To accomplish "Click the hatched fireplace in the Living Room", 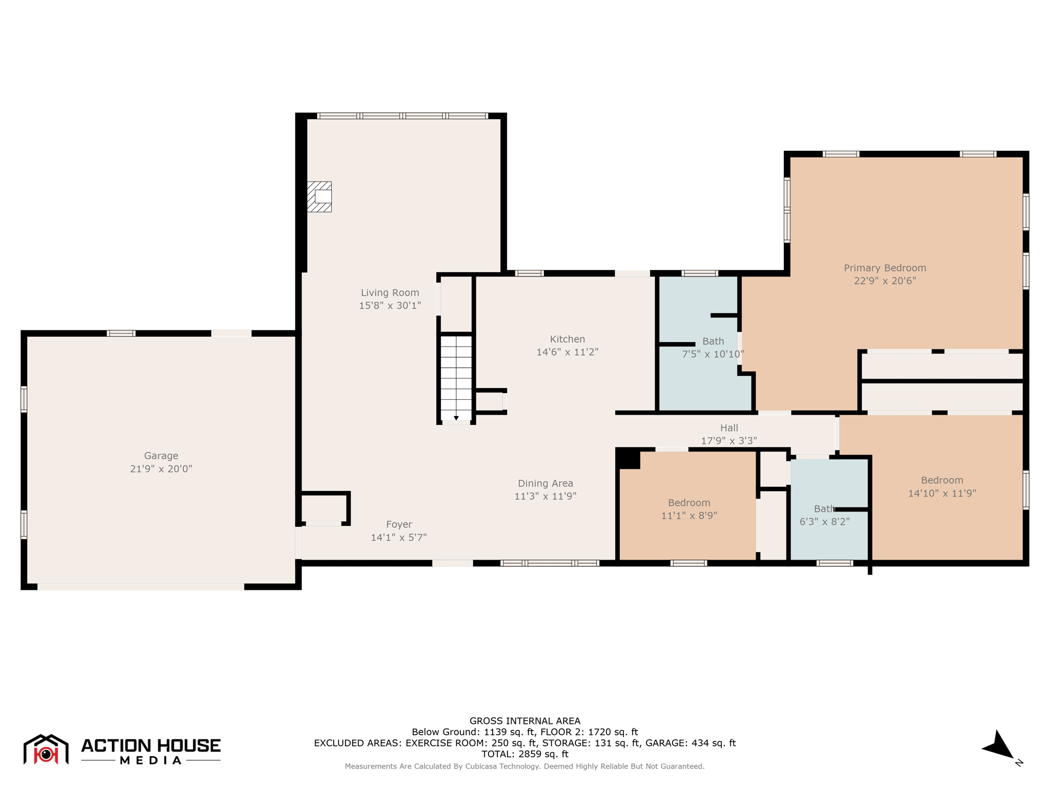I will coord(319,196).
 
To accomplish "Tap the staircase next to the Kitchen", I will coord(456,379).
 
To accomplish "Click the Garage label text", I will coord(161,456).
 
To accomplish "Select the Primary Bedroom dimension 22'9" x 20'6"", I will coord(884,281).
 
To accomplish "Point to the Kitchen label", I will coord(567,339).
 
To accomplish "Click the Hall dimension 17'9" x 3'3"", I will coord(729,441).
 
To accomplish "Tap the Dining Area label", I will coord(545,483).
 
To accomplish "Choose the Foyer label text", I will coord(399,524).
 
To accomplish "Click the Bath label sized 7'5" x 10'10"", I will coord(713,341).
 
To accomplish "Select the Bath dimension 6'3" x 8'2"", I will coord(824,522).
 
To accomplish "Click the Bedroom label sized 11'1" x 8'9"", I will coord(689,503).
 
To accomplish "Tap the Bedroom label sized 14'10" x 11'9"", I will coord(942,480).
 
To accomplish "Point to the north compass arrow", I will coord(999,746).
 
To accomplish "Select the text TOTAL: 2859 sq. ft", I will coord(524,754).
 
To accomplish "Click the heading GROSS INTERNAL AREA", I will coord(524,721).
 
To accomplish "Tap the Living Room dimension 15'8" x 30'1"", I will coord(390,306).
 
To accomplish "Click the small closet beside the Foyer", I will coord(324,508).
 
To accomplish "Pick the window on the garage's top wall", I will coord(121,333).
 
